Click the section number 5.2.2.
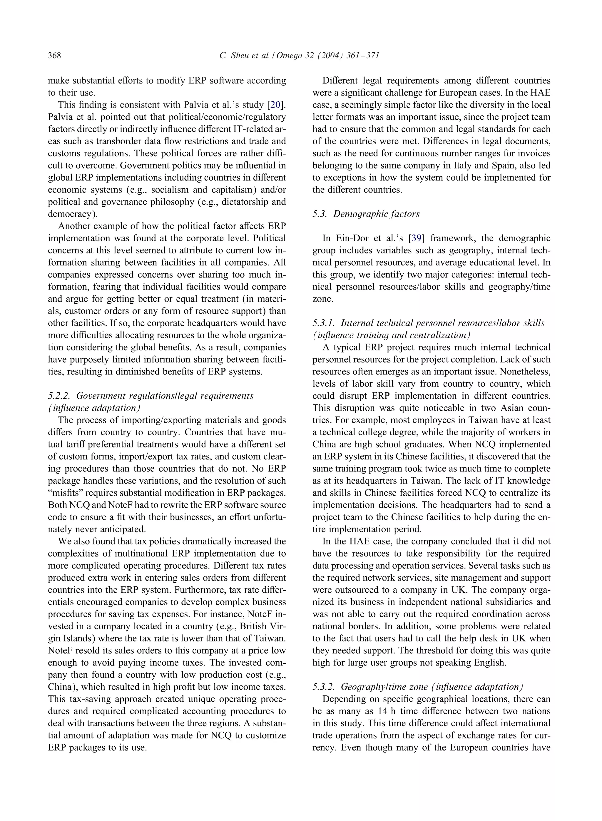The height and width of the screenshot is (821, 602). click(59, 396)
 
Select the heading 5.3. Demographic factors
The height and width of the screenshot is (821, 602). click(366, 214)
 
